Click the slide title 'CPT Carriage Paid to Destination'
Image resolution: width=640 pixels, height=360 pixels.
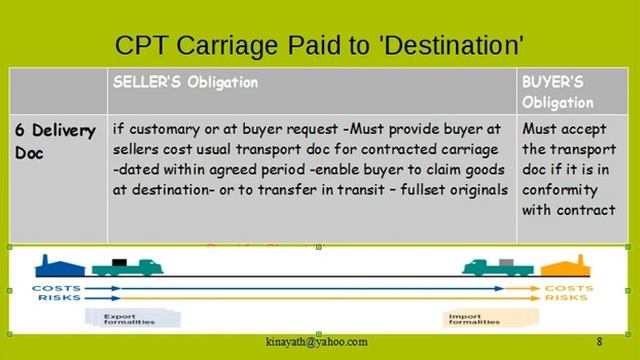coord(320,45)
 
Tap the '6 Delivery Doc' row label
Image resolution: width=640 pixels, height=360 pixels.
coord(55,141)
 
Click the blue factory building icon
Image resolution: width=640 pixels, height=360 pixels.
coord(55,266)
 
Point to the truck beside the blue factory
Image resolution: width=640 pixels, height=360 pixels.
coord(125,267)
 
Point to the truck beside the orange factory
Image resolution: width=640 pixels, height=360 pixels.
coord(494,267)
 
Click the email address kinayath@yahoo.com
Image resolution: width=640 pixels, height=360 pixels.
coord(316,342)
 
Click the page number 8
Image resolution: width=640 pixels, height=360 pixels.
coord(599,342)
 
